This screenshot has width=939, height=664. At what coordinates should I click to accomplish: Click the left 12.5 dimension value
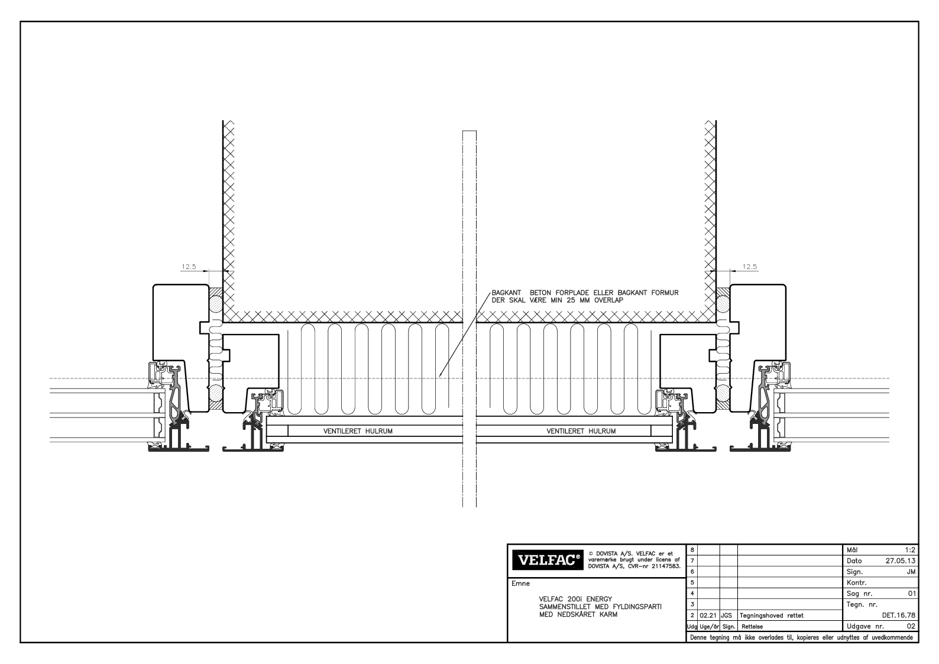[189, 266]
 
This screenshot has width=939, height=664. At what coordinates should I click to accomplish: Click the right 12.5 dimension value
[749, 266]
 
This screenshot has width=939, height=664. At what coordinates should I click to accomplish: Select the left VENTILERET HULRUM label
[358, 431]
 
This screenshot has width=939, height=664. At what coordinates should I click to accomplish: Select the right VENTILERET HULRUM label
[581, 431]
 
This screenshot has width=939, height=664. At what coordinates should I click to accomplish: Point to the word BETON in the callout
[540, 293]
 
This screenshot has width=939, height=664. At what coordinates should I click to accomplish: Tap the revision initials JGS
[727, 616]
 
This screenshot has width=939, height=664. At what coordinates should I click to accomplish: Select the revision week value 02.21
[707, 616]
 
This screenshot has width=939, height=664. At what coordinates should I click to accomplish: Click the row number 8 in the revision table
[692, 550]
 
